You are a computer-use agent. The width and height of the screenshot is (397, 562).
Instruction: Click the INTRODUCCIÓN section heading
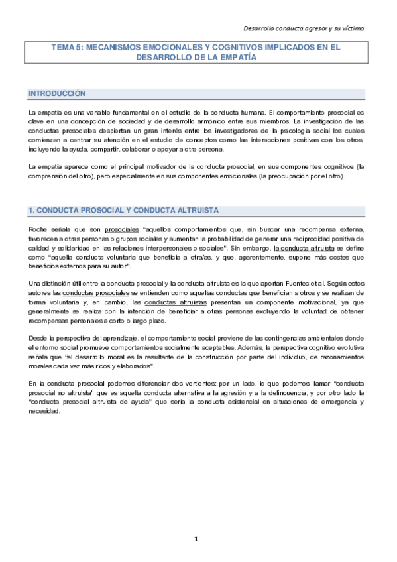point(57,94)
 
